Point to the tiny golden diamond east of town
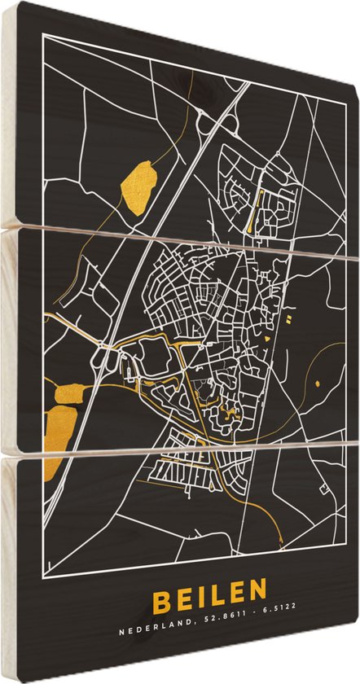315,383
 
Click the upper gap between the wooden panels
187,241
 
